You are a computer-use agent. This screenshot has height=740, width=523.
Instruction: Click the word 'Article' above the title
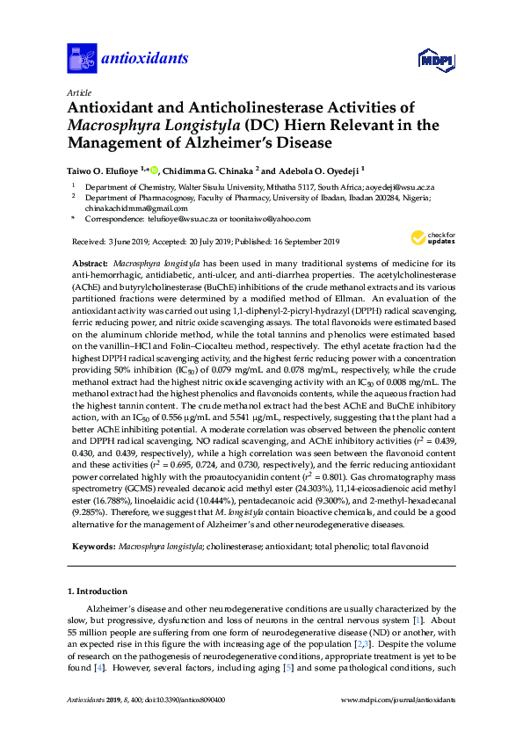pyautogui.click(x=78, y=91)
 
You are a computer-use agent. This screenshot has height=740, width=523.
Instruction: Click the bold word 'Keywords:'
pyautogui.click(x=92, y=546)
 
